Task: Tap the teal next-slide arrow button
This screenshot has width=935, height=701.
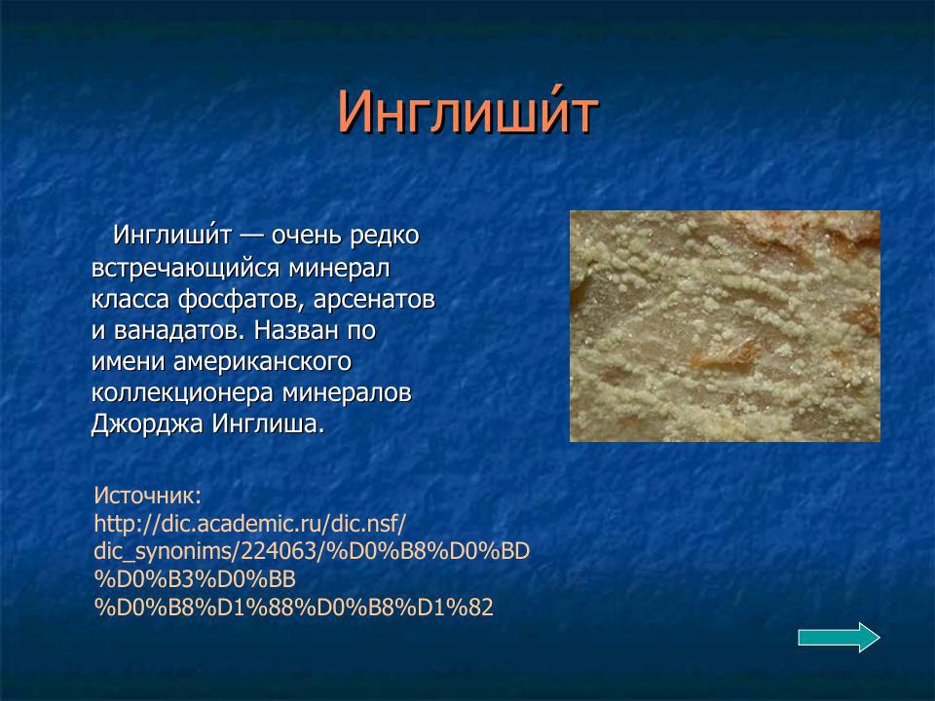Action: tap(839, 637)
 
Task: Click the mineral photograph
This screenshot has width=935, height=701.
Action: tap(725, 326)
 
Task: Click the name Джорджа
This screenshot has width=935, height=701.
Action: tap(147, 425)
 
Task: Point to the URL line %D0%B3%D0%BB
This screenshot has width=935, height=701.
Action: tap(194, 579)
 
